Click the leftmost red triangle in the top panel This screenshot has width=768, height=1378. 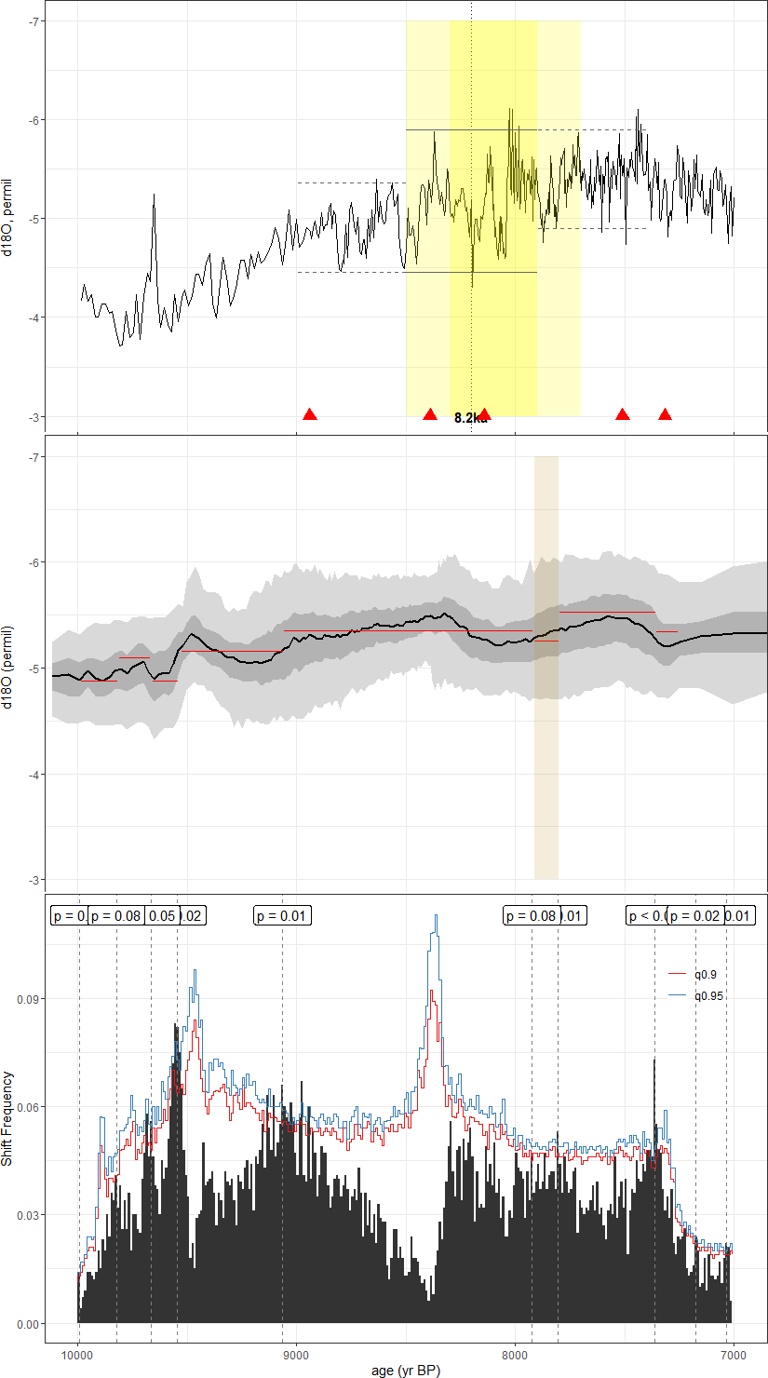tap(310, 414)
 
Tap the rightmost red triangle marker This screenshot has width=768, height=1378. tap(665, 414)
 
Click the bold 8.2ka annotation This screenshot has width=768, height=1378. tap(471, 418)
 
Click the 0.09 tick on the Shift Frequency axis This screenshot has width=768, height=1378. tap(26, 999)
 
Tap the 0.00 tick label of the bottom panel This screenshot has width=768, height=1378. tap(26, 1323)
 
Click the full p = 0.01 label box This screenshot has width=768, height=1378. tap(282, 916)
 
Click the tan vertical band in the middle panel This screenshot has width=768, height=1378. tap(546, 745)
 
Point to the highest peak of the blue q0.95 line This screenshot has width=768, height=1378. tap(435, 916)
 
